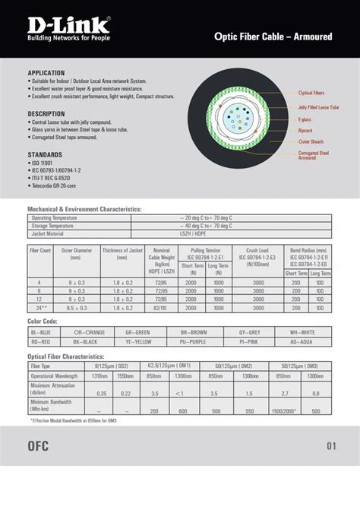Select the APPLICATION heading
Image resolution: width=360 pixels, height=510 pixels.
46,73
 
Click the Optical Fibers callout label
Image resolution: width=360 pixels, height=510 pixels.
311,93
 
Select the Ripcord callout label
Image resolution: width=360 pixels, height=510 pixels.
305,130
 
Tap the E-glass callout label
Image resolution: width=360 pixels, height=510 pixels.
305,119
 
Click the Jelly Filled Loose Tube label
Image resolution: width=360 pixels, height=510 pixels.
318,107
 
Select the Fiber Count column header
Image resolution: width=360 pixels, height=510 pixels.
40,250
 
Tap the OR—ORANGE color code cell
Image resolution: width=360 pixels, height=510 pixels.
90,332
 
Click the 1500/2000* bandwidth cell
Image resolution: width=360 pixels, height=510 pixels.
283,410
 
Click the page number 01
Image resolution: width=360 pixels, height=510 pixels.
330,446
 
